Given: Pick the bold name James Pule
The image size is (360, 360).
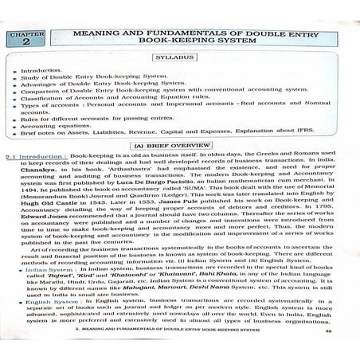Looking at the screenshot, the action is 200,212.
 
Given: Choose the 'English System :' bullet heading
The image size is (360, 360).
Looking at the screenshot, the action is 52,323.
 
